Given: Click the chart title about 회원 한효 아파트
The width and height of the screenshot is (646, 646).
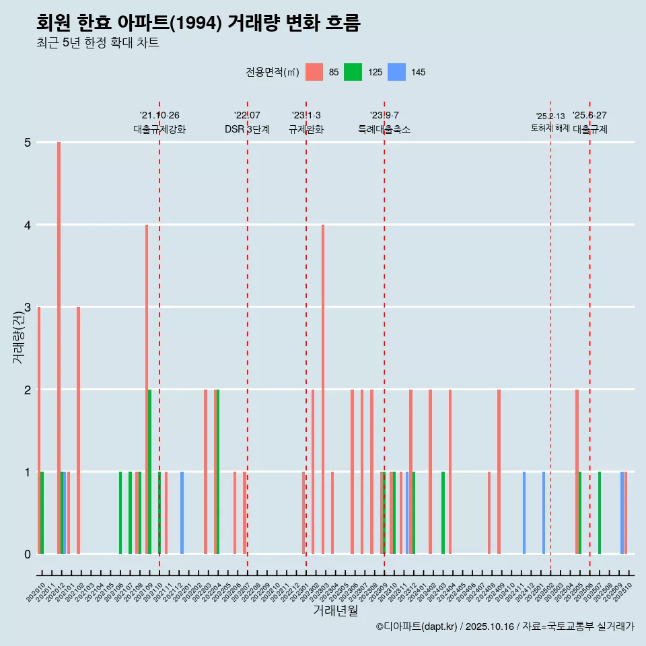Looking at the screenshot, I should (x=199, y=23).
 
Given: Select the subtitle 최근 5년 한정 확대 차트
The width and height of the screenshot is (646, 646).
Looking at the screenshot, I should (x=98, y=44).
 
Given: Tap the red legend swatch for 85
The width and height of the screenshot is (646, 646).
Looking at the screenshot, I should (x=314, y=72).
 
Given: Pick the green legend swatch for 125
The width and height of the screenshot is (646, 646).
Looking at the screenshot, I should (x=353, y=72).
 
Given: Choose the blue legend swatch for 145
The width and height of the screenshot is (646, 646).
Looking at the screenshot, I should (x=397, y=72).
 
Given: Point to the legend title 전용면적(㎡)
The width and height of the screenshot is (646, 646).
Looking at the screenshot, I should (x=272, y=72).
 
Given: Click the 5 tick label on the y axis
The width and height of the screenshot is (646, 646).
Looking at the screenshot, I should (x=28, y=143).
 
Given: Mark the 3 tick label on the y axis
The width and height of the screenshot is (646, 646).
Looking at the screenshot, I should (x=28, y=308).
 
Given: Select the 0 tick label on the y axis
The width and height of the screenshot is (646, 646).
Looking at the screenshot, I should (x=28, y=554).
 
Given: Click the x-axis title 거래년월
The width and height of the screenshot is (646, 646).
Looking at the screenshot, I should (x=335, y=610).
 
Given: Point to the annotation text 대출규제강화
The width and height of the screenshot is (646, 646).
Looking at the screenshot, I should (x=159, y=129).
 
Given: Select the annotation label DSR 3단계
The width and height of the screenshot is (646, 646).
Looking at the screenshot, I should (x=247, y=129).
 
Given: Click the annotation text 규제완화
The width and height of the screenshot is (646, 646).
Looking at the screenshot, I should (x=306, y=129).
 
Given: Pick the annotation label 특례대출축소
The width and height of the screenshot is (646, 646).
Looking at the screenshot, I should (x=384, y=129).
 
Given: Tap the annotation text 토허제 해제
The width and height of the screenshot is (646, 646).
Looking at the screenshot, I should (x=550, y=127).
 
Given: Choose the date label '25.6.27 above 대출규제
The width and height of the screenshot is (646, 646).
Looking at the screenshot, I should (x=589, y=115).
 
